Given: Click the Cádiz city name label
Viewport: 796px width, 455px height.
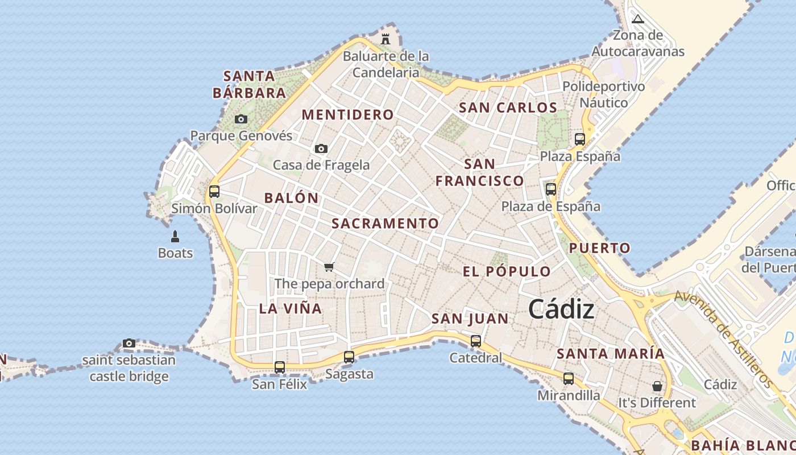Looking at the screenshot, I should coord(561,309).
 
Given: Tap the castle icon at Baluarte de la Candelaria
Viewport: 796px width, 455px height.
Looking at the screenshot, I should coord(385,39).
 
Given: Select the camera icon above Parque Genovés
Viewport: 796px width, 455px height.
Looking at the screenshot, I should coord(241,119).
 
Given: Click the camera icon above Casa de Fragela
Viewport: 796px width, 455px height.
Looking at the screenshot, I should coord(321,149).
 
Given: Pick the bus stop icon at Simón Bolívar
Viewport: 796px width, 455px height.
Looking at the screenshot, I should coord(214,192).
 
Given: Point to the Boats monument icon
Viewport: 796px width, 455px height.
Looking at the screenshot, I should coord(175,237).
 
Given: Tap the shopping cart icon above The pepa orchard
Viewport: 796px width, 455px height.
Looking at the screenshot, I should coord(329,267).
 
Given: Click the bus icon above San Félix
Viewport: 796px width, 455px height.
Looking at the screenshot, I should coord(279,367).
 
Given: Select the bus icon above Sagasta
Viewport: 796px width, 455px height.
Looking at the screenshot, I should coord(349,357).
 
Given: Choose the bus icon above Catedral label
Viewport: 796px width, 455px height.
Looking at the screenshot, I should coord(476,341).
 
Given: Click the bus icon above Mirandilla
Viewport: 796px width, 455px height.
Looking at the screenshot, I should coord(569,379).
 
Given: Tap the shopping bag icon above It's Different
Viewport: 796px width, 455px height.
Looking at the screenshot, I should coord(657,386).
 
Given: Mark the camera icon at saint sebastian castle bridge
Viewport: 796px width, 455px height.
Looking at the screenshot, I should coord(129,344).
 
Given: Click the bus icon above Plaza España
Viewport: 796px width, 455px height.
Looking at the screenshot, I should coord(580,139).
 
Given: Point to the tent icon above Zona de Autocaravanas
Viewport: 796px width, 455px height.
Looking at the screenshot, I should coord(638,19).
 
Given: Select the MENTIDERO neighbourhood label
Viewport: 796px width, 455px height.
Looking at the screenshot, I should coord(347,115).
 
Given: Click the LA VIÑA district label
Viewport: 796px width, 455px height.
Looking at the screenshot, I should coord(291,309).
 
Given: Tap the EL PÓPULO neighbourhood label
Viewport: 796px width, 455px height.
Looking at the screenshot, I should coord(507,272).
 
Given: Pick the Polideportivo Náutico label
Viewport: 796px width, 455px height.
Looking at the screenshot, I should coord(604,94).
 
